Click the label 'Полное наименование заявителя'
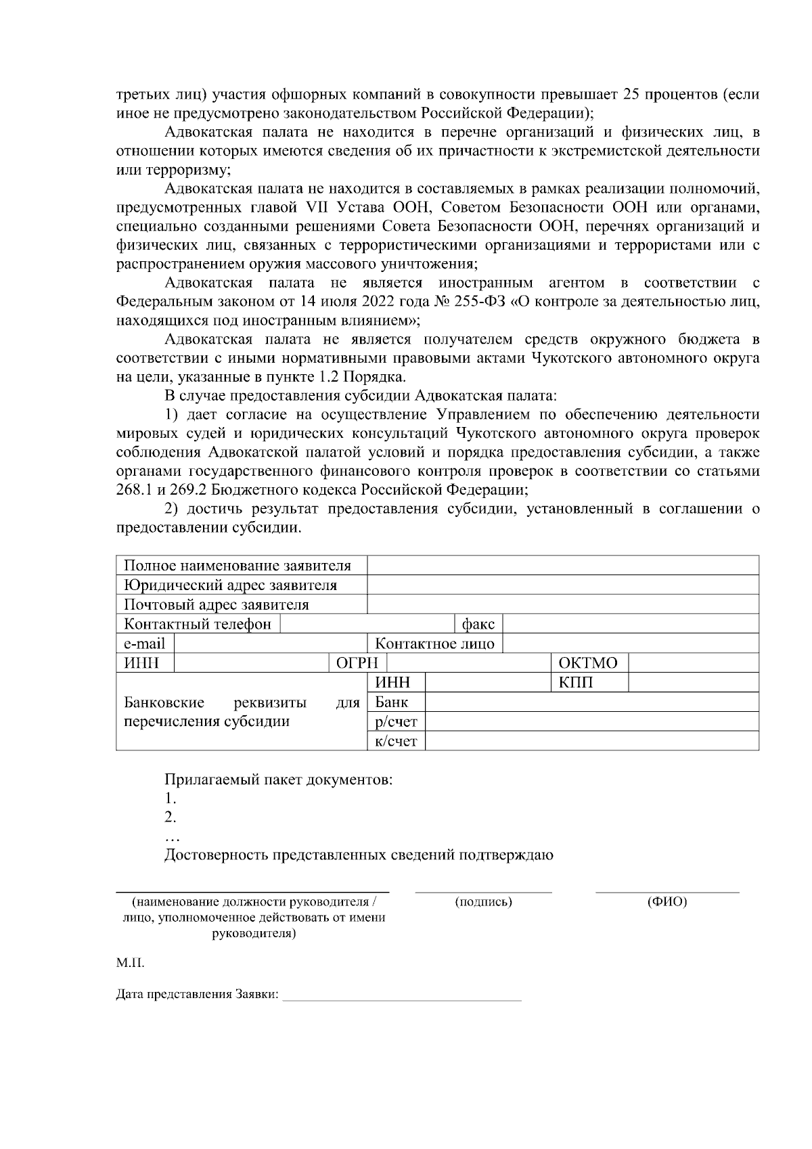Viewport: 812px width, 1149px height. pyautogui.click(x=238, y=565)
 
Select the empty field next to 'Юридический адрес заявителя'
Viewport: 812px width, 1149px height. pyautogui.click(x=562, y=585)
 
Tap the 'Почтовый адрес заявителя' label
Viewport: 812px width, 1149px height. pyautogui.click(x=217, y=604)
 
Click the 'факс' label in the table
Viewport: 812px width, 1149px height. pyautogui.click(x=478, y=624)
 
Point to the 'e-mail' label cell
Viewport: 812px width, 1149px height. pyautogui.click(x=144, y=644)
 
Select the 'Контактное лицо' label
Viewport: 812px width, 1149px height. pyautogui.click(x=434, y=644)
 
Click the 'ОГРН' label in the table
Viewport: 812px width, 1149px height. pyautogui.click(x=357, y=662)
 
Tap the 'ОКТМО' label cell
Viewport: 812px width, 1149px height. pyautogui.click(x=588, y=662)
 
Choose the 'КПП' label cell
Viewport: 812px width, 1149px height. pyautogui.click(x=576, y=682)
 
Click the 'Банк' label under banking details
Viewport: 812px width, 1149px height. pyautogui.click(x=392, y=702)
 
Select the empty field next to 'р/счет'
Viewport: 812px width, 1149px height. pyautogui.click(x=591, y=721)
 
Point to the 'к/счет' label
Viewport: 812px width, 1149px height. pyautogui.click(x=396, y=741)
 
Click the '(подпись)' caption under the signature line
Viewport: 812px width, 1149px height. pyautogui.click(x=483, y=902)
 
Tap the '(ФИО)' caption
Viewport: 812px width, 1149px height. pyautogui.click(x=667, y=902)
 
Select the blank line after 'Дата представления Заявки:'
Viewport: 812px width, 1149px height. pyautogui.click(x=402, y=995)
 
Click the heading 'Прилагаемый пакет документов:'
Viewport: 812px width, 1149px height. pyautogui.click(x=279, y=780)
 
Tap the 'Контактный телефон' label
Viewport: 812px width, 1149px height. pyautogui.click(x=198, y=624)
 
